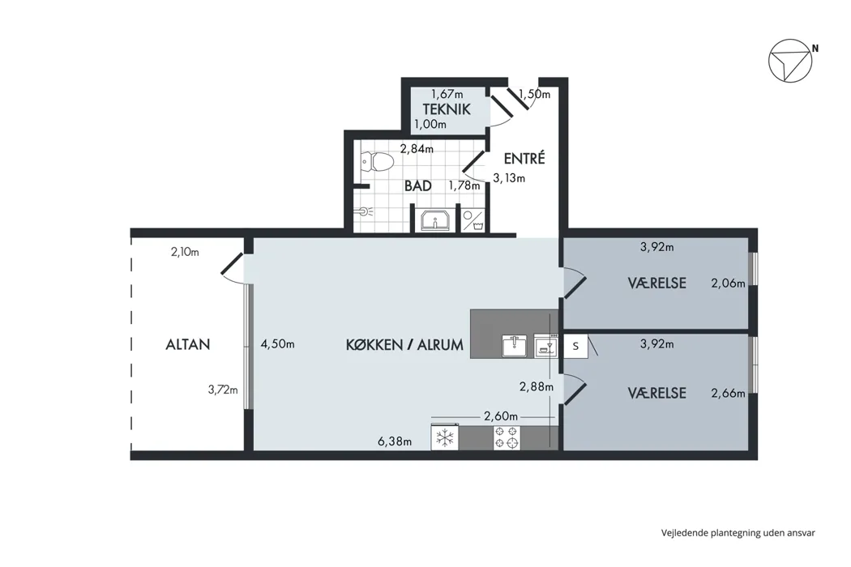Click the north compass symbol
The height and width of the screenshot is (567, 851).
coord(790,61)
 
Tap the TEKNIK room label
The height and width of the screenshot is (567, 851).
coord(447,109)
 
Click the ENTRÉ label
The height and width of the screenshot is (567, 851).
coord(524,159)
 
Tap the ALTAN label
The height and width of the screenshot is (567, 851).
coord(188,344)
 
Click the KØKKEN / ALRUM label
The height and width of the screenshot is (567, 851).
coord(405,344)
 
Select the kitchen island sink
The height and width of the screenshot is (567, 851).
coord(513,346)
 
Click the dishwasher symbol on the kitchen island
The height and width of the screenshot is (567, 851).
coord(546,346)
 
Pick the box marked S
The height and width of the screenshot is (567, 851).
coord(575,346)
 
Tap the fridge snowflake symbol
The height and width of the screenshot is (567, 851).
coord(445,437)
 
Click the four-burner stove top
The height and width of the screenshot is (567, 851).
coord(507,437)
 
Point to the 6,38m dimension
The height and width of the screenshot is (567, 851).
coord(395,441)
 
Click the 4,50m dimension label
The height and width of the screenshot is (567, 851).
coord(277,344)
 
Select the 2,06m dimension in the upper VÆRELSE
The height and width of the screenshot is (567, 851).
coord(728,283)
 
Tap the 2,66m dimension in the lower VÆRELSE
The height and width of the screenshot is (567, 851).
coord(728,393)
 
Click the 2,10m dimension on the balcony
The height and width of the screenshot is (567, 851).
coord(185,252)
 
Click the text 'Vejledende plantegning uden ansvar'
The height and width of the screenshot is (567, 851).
coord(738,533)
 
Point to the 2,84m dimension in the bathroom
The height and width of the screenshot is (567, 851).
coord(417,148)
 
